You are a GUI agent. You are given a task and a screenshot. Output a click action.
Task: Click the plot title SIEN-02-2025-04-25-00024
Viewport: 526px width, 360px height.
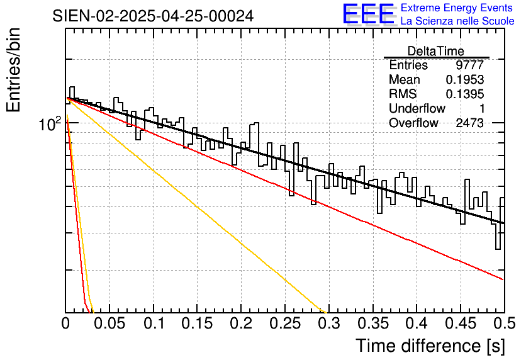[153, 16]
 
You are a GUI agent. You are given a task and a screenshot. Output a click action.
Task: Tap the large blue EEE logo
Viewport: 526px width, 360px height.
[368, 14]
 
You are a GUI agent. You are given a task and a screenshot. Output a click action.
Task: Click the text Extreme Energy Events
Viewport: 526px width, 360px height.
[457, 8]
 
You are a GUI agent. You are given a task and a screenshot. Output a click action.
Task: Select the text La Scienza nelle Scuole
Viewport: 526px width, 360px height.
[457, 21]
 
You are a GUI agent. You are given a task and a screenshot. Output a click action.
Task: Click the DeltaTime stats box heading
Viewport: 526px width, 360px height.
[436, 51]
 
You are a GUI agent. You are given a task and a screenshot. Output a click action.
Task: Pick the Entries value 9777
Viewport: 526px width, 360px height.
[470, 65]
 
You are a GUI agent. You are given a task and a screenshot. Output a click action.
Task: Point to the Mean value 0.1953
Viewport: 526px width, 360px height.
[465, 80]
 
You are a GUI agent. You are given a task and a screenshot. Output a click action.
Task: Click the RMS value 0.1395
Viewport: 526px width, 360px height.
[465, 94]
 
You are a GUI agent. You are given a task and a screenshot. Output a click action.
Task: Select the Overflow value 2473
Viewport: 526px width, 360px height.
[469, 123]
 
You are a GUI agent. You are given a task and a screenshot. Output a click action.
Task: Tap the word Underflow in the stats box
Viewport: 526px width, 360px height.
[417, 109]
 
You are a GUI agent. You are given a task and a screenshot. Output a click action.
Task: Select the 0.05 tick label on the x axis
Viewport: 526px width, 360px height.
[109, 323]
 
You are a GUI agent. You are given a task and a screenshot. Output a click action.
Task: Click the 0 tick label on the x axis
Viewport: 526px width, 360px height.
[66, 323]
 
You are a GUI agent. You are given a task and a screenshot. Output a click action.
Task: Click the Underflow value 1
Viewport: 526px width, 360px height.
[480, 109]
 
